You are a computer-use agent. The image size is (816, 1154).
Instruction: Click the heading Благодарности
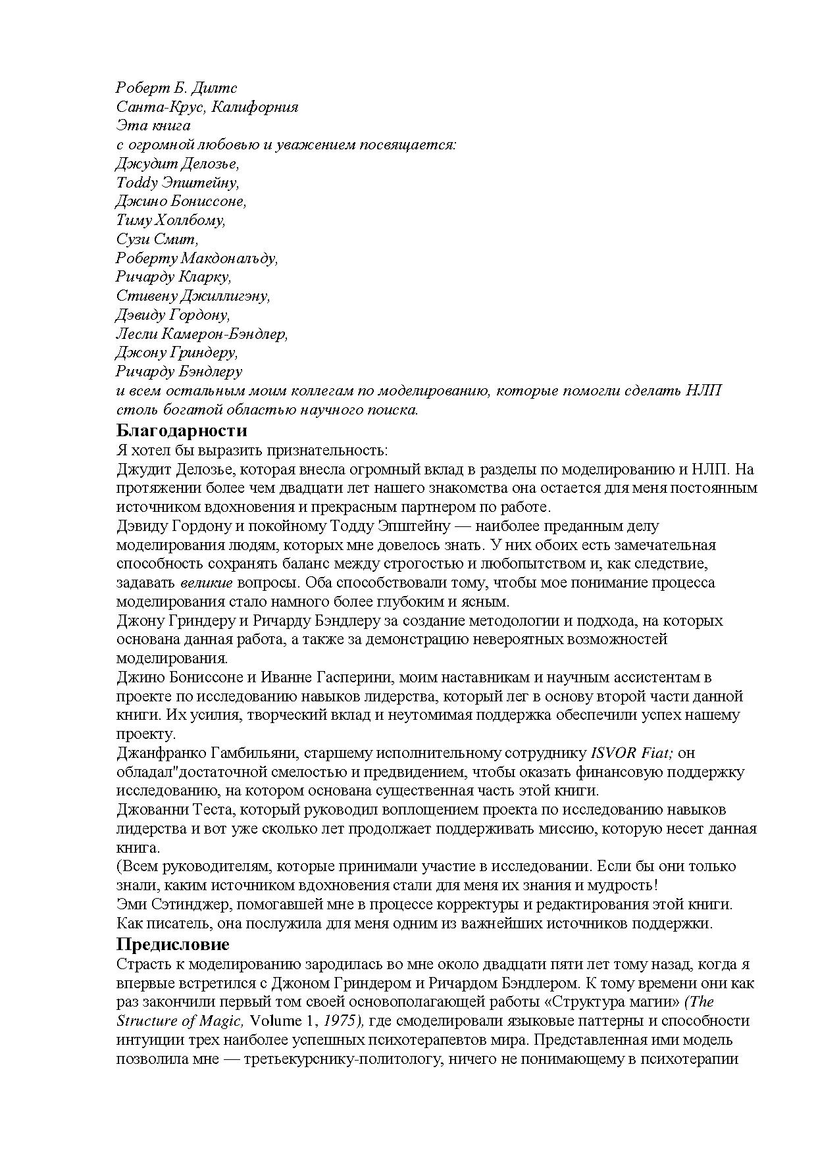point(182,431)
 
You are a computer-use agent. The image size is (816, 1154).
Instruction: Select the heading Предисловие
point(173,945)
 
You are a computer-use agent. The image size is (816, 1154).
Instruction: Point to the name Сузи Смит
point(157,239)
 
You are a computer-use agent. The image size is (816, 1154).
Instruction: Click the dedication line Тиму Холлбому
point(170,220)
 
